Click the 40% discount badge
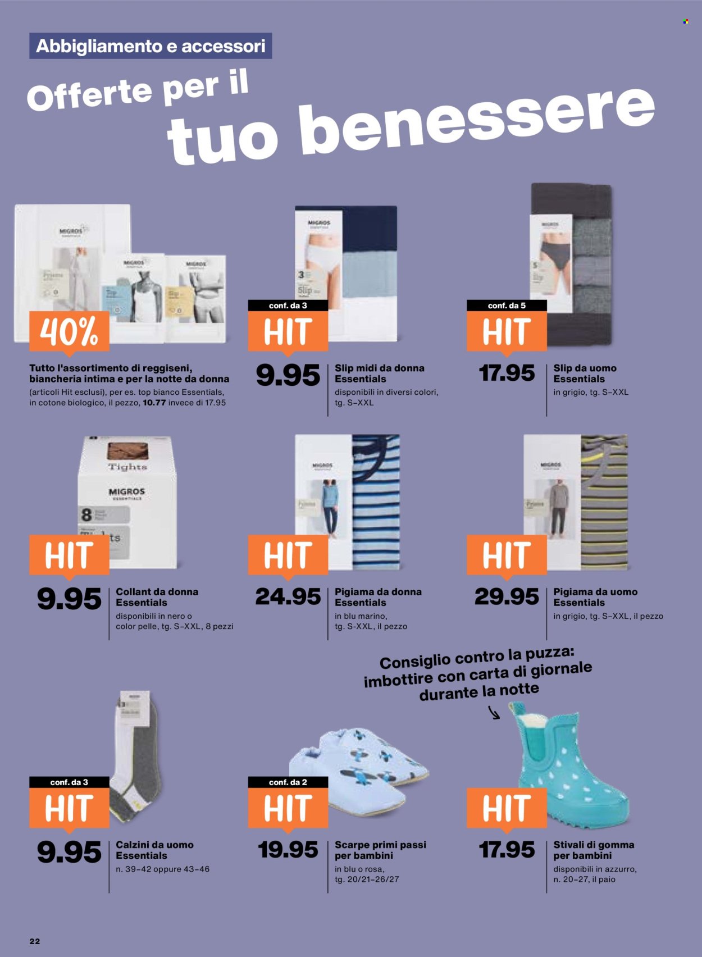[69, 331]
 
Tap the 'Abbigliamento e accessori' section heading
[151, 46]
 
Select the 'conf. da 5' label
[507, 306]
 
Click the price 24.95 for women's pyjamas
[288, 596]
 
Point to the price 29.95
[506, 596]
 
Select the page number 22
[35, 941]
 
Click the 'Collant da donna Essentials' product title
[157, 597]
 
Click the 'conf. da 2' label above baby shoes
[288, 782]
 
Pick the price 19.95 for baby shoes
[288, 850]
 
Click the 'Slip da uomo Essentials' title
[585, 373]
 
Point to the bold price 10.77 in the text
[154, 403]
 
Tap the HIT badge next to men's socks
[69, 808]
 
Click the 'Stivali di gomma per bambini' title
[594, 850]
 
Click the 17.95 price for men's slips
[506, 373]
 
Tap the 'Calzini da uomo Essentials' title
[154, 850]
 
